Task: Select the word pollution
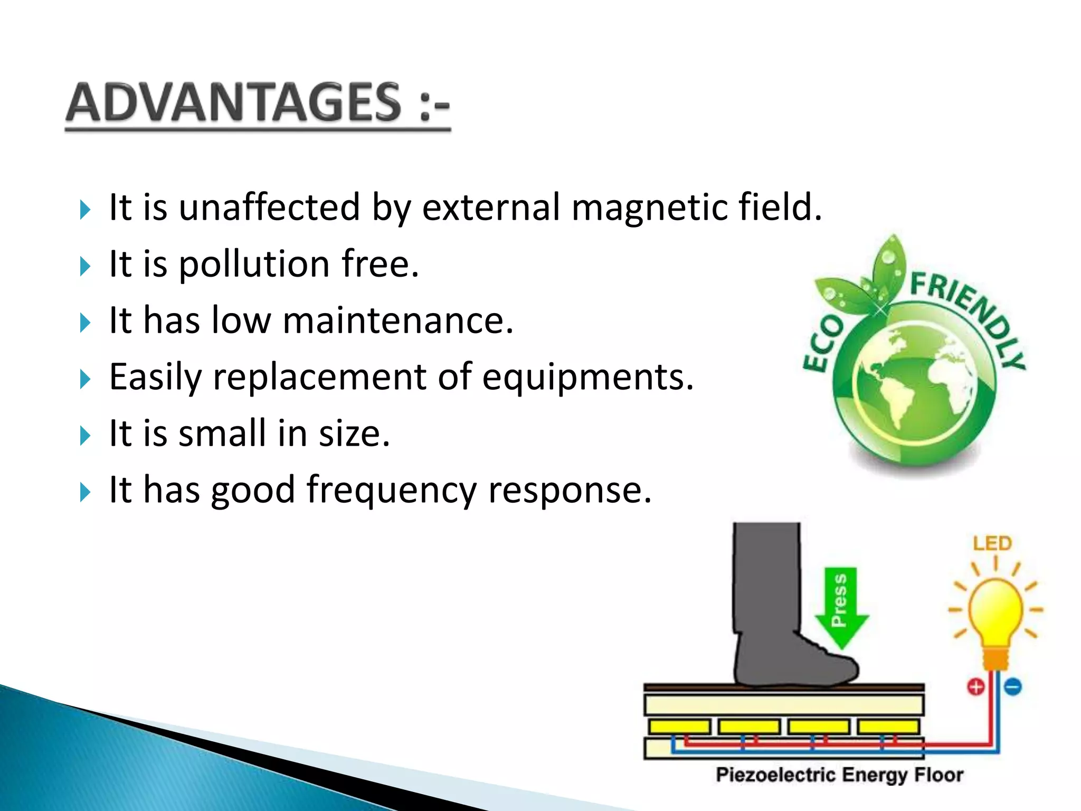(254, 263)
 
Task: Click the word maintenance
(397, 320)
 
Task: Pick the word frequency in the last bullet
(392, 490)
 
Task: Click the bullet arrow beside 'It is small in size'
(85, 436)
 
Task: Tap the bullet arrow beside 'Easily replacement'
(85, 379)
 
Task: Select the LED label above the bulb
(992, 543)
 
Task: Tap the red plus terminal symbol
(976, 687)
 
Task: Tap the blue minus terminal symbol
(1013, 687)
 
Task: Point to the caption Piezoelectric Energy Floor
(839, 775)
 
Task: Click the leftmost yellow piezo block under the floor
(679, 727)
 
